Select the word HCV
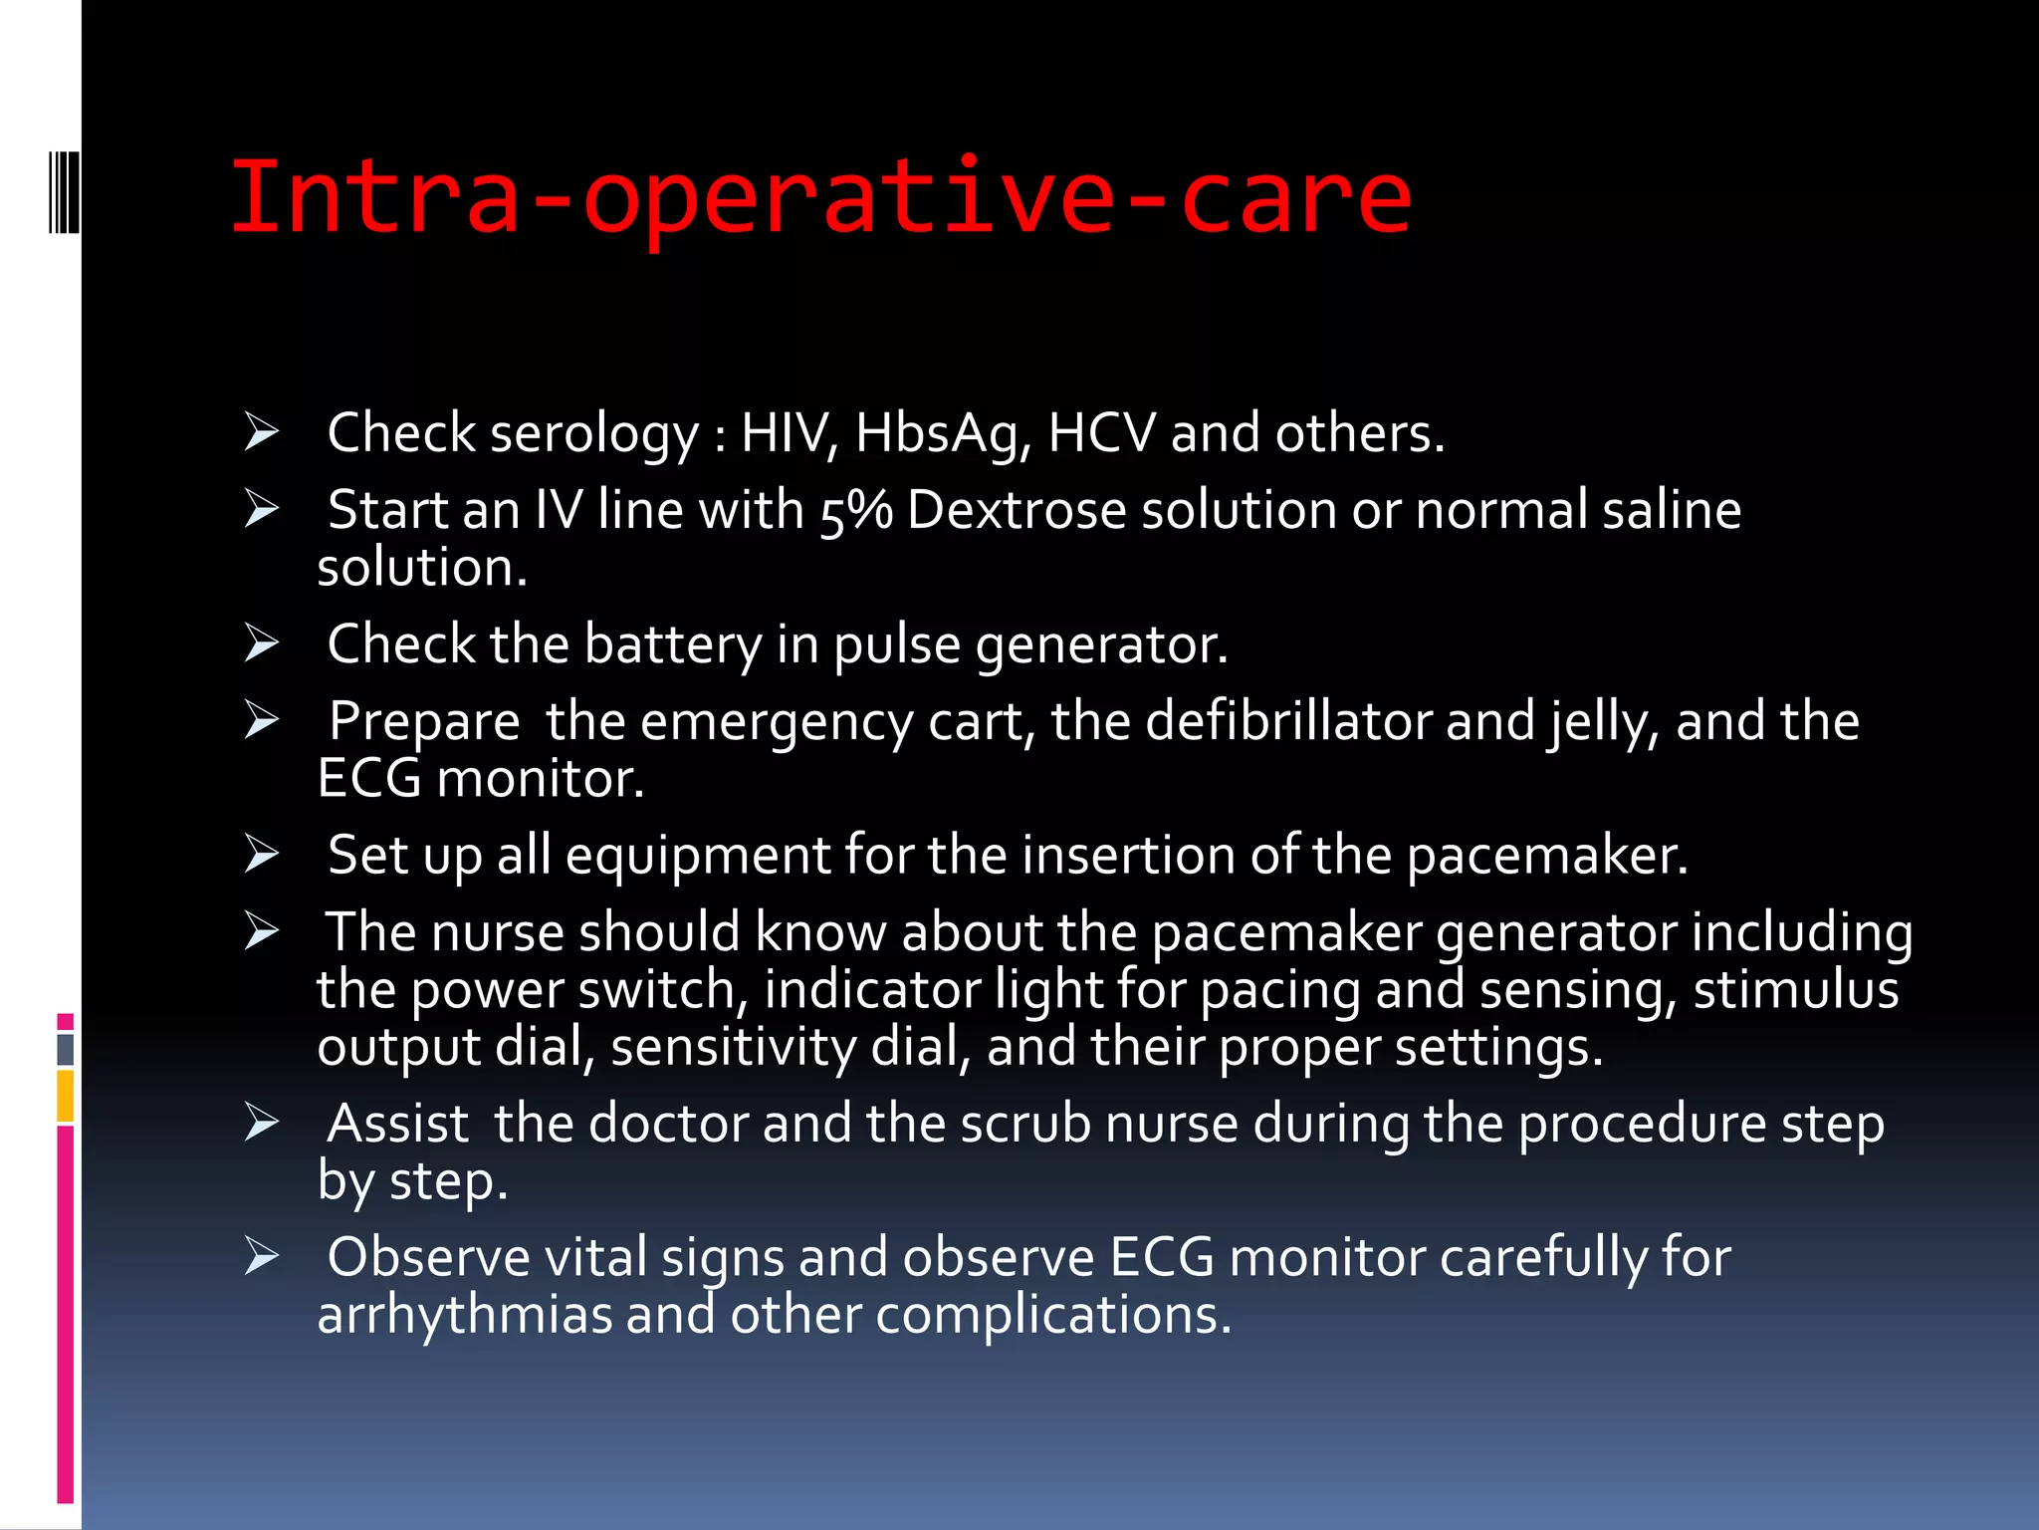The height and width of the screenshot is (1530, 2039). click(x=1101, y=433)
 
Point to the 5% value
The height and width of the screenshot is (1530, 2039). click(x=855, y=511)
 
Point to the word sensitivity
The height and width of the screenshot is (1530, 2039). click(x=733, y=1047)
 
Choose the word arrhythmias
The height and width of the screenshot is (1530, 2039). click(x=464, y=1315)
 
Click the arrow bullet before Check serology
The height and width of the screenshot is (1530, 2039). click(x=262, y=432)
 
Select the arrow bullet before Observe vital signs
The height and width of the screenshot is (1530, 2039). click(x=262, y=1256)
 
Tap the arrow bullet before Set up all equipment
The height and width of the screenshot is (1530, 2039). click(x=262, y=854)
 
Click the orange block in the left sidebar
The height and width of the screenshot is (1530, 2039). click(x=66, y=1096)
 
